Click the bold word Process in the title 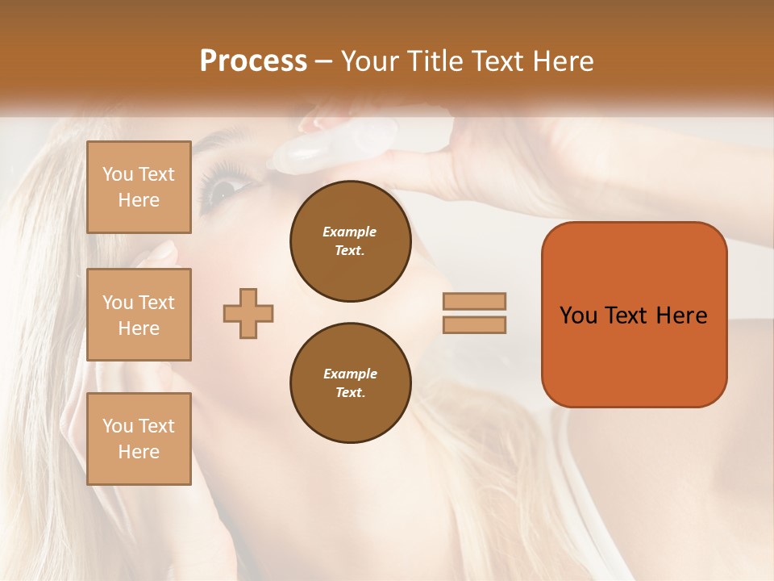253,61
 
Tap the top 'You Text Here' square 139,187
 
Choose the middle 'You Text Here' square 139,315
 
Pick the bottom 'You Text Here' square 139,439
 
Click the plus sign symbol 248,313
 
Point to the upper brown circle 350,240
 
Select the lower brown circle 350,382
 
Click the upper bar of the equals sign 474,301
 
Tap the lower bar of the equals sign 474,324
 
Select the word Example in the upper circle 350,232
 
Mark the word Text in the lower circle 350,392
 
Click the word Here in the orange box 681,316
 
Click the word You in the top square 118,174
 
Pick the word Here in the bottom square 139,452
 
